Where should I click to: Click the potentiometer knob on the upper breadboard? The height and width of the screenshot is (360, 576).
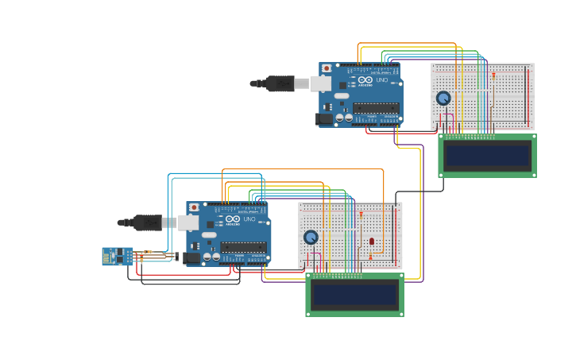tap(443, 98)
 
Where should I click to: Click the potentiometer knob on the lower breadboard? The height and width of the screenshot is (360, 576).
tap(311, 237)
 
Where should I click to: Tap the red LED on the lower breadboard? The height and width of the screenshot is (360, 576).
tap(372, 241)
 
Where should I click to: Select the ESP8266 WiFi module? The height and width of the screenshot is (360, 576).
tap(117, 256)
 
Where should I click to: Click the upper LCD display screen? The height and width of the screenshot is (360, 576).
tap(487, 156)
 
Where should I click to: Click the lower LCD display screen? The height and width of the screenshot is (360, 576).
tap(354, 295)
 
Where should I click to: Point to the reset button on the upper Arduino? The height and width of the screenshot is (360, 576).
tap(327, 69)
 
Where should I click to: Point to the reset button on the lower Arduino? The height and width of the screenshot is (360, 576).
tap(194, 207)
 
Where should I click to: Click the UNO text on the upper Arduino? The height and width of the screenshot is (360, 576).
tap(381, 80)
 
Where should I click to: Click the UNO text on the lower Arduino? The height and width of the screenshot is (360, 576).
tap(249, 219)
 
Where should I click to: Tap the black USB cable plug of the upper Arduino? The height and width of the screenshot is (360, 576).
tap(280, 83)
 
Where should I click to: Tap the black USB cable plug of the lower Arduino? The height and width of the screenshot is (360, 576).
tap(147, 223)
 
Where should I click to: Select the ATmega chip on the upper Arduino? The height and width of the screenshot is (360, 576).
tap(376, 108)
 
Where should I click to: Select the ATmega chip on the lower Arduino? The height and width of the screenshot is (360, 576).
tap(243, 247)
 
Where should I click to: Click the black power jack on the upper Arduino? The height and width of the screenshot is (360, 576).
tap(324, 119)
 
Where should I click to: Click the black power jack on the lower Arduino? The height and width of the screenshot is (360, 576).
tap(191, 257)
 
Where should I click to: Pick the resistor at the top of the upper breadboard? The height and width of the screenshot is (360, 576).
tap(493, 75)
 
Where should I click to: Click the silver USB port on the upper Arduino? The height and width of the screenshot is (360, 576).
tap(321, 83)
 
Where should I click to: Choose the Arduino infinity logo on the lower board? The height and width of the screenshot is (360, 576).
tap(232, 219)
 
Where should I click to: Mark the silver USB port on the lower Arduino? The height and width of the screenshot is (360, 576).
tap(188, 223)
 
